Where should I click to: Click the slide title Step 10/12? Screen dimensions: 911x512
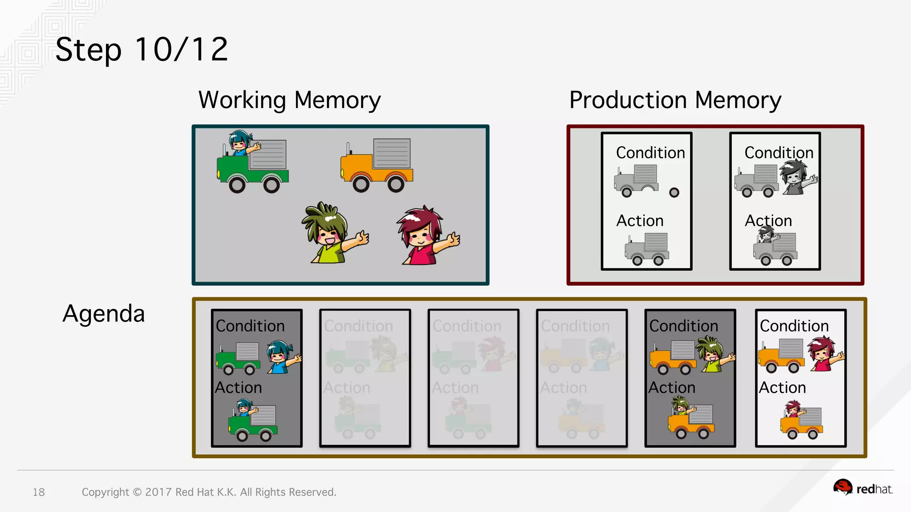(x=141, y=49)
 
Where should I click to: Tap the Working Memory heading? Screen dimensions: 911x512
(x=289, y=100)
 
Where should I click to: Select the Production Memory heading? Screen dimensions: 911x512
(x=675, y=100)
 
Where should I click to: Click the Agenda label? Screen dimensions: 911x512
(x=104, y=314)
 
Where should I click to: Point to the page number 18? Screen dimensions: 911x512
(x=39, y=492)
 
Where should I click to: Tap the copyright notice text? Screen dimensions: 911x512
(x=209, y=492)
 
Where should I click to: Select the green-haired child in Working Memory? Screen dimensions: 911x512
(x=331, y=233)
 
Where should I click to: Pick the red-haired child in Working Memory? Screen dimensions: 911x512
(x=425, y=236)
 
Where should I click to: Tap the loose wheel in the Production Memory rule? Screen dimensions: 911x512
(x=674, y=192)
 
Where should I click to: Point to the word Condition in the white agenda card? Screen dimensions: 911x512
(x=794, y=326)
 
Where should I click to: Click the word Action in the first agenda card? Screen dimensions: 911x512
(x=238, y=388)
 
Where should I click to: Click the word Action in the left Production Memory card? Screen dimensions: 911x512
(x=640, y=220)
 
